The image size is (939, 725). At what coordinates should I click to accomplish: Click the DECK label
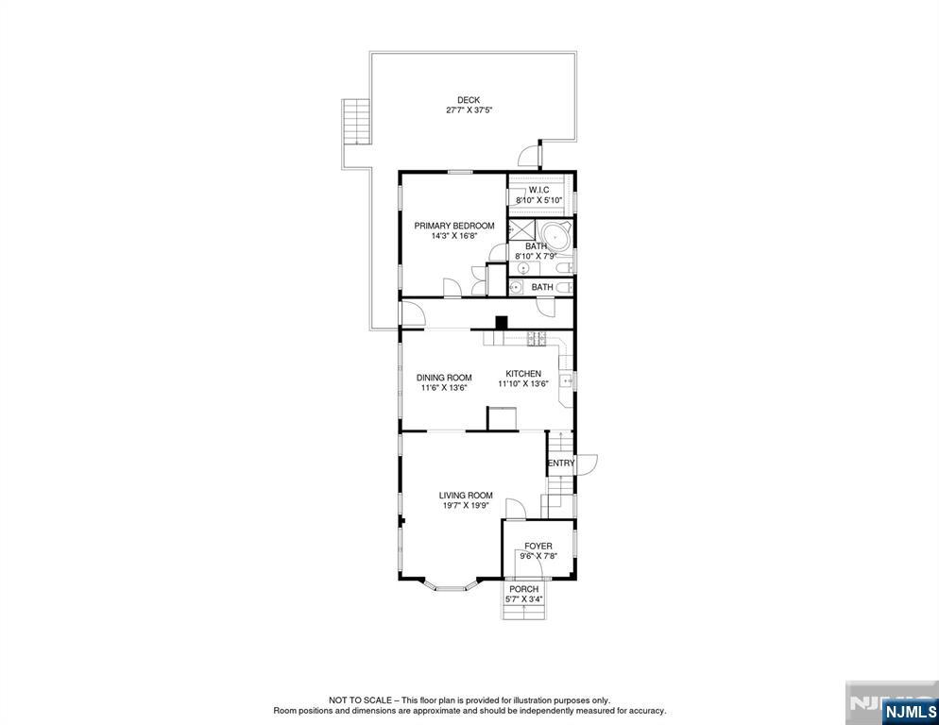469,100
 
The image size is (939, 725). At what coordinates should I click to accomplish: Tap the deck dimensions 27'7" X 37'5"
469,110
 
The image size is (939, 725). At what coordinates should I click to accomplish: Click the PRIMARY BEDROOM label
454,226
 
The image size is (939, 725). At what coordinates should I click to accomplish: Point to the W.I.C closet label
538,190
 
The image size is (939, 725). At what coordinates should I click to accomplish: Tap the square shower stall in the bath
521,231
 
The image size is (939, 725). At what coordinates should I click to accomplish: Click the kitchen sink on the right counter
567,380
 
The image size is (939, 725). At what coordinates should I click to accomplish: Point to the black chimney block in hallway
502,321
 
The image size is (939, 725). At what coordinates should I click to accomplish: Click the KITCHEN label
522,374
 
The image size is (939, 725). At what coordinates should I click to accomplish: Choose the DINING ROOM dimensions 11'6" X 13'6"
444,388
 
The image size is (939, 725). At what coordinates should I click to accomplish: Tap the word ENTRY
561,464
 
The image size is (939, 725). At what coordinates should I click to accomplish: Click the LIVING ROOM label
466,495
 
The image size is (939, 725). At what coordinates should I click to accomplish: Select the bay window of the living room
450,586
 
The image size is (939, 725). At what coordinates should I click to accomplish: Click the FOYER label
538,546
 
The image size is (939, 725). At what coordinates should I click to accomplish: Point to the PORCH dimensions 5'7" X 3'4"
524,599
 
